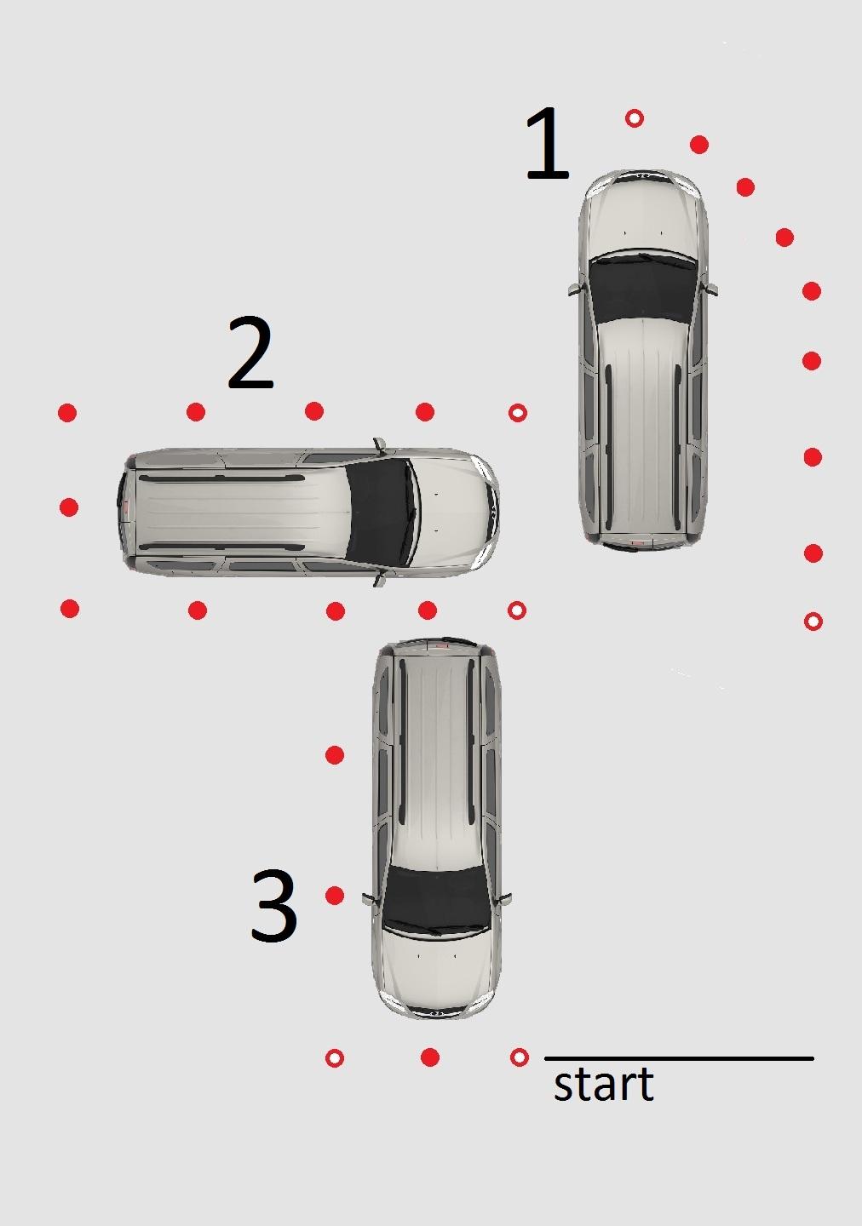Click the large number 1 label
549,144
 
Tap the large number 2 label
250,353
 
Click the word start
604,1084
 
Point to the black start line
679,1058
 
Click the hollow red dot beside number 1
635,118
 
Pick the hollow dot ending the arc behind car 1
813,622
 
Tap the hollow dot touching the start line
520,1057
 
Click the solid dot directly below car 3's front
430,1057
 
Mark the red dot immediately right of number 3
335,896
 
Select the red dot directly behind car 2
68,507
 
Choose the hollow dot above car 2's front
518,413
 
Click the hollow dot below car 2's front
517,610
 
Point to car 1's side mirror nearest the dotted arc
712,289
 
